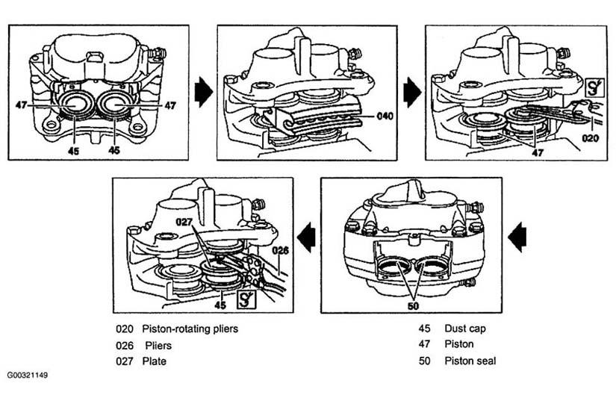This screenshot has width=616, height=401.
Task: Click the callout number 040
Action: [385, 116]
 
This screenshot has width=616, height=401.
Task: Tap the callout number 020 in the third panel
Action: [590, 138]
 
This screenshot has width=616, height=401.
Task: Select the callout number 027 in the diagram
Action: [184, 222]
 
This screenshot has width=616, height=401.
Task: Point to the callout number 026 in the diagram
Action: [280, 250]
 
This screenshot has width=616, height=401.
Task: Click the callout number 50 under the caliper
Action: [414, 305]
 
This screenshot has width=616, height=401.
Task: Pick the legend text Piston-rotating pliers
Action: [190, 329]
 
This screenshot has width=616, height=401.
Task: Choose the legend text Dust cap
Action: [465, 329]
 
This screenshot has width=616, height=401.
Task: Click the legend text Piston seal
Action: [470, 361]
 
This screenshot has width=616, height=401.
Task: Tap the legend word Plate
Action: [154, 361]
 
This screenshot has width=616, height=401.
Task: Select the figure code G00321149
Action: [27, 375]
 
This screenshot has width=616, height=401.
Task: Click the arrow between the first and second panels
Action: [204, 92]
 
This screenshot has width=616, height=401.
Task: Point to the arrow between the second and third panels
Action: [412, 92]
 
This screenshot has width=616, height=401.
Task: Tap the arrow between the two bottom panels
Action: [307, 237]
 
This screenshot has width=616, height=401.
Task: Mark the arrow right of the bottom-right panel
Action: [517, 237]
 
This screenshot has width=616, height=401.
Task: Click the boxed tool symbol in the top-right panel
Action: [594, 87]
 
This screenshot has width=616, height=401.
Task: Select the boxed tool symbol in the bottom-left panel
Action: [246, 299]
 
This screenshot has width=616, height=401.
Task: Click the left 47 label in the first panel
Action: [21, 105]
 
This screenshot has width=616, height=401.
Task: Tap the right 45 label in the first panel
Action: [114, 150]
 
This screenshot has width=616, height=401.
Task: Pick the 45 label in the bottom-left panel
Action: [220, 305]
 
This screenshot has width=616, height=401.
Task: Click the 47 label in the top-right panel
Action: [537, 152]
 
